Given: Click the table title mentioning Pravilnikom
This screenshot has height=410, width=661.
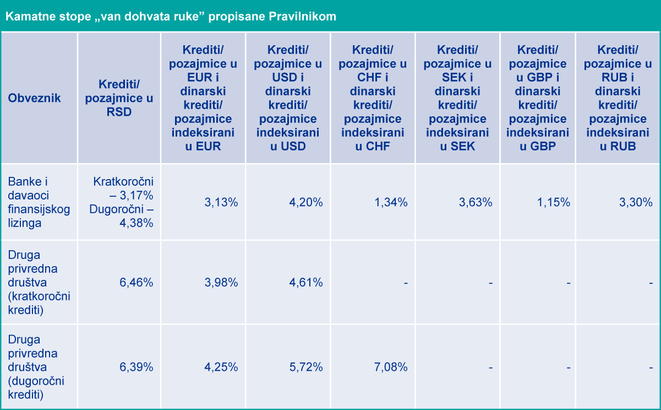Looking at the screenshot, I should tap(171, 17).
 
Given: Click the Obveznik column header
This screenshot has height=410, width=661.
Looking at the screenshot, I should tap(34, 99).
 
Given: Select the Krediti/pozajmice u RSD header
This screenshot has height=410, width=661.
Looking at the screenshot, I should tap(119, 98).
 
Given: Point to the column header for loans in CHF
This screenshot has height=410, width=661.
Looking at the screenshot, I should tap(373, 98).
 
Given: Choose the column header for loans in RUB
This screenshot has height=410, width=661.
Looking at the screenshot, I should tap(618, 98).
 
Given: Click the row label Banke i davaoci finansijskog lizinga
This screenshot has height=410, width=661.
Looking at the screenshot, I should tap(39, 202).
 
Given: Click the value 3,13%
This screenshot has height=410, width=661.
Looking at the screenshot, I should tap(221, 202).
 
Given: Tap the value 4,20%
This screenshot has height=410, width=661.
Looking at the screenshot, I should tap(305, 202).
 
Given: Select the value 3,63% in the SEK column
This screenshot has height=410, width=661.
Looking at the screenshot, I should tap(475, 202).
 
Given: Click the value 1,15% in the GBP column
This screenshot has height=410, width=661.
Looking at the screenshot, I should tap(553, 202).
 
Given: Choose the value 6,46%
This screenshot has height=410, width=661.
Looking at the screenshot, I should tap(136, 283).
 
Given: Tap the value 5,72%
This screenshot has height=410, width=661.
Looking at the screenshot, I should tap(305, 366).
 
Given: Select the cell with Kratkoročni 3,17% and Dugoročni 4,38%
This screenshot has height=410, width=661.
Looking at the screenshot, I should tap(123, 202).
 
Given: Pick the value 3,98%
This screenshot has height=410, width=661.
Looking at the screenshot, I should tap(221, 283).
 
